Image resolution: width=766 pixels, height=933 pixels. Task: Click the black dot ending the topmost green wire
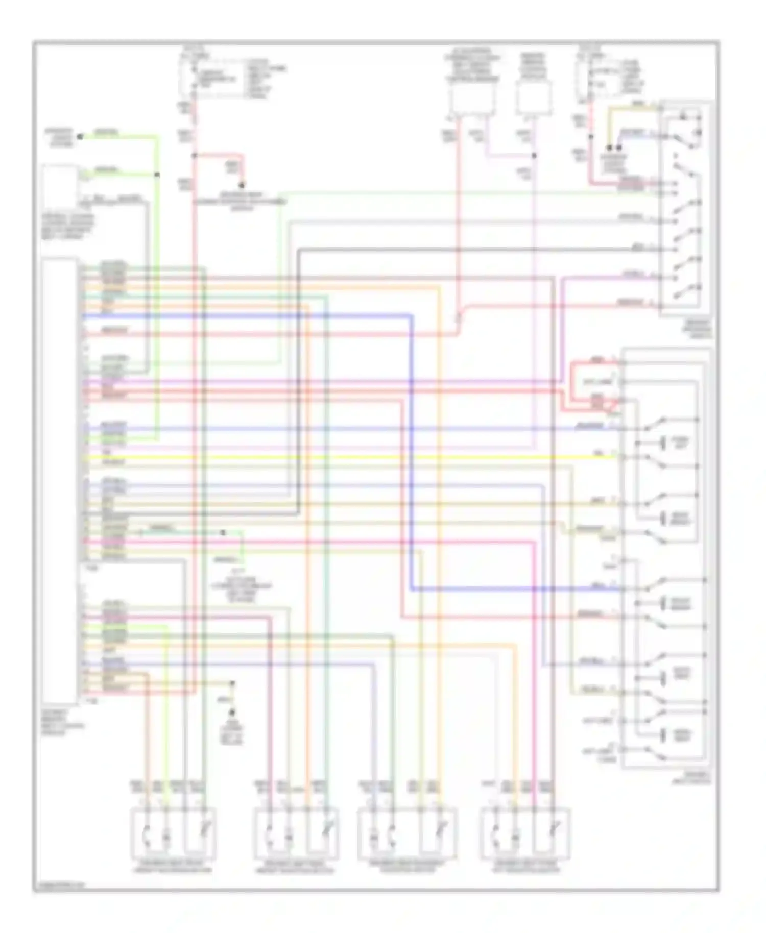click(80, 137)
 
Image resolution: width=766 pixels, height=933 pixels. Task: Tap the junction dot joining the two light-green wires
click(157, 175)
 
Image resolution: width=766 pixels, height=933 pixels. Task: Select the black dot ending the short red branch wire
click(242, 186)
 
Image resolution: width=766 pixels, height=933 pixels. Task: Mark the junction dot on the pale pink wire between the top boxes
click(534, 156)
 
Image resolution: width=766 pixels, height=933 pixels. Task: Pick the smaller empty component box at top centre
click(534, 99)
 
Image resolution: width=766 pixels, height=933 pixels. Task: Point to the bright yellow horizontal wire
click(357, 457)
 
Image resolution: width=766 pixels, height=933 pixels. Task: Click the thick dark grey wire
click(460, 250)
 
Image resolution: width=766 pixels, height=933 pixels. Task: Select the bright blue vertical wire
click(412, 449)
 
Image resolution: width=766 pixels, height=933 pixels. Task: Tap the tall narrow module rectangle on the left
click(60, 480)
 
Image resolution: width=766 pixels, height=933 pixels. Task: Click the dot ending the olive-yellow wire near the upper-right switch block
click(609, 148)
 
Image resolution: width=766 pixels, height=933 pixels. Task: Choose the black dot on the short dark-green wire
click(223, 532)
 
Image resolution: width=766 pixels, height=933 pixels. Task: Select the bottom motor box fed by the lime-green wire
click(174, 833)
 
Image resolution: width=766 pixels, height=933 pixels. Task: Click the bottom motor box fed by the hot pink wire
click(525, 833)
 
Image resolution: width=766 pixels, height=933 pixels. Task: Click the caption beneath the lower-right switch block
click(695, 777)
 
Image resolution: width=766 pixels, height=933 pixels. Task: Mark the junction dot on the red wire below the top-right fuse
click(591, 137)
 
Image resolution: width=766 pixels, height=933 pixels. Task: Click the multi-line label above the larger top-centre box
click(472, 65)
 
